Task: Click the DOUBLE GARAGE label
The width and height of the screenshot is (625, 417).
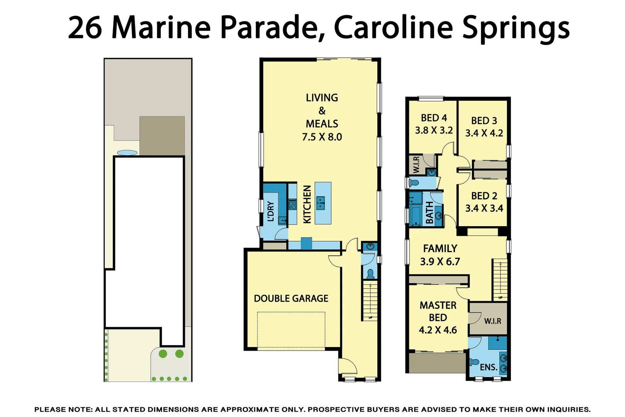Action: [x=291, y=298]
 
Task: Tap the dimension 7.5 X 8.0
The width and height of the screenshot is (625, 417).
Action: [x=322, y=137]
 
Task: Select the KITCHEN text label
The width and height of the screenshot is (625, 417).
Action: [x=307, y=204]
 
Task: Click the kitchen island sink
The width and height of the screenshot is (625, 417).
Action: [x=321, y=202]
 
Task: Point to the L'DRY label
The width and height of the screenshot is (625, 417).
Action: [x=271, y=211]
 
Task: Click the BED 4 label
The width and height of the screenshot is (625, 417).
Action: [x=434, y=118]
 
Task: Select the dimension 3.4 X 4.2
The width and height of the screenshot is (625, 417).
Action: [x=484, y=133]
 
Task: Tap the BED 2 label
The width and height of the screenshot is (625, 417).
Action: [x=484, y=196]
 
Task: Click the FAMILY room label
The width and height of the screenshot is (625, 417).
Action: [x=440, y=249]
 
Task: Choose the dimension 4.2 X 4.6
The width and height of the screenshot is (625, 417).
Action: [x=438, y=330]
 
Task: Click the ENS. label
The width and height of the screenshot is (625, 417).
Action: [x=488, y=368]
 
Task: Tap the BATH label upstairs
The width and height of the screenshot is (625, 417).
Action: [x=429, y=213]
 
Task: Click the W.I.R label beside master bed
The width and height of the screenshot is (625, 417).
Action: [x=493, y=321]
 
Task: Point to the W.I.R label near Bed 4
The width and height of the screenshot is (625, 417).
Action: [x=416, y=164]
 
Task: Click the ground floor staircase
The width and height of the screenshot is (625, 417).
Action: [x=370, y=301]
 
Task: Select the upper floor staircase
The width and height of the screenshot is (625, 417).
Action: [x=500, y=280]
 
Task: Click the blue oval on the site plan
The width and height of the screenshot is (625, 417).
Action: [x=127, y=153]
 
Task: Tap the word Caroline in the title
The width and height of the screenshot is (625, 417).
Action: [x=393, y=28]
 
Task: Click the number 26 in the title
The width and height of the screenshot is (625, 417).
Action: [x=85, y=28]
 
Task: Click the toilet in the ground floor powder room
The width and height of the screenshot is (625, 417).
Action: [x=370, y=274]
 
